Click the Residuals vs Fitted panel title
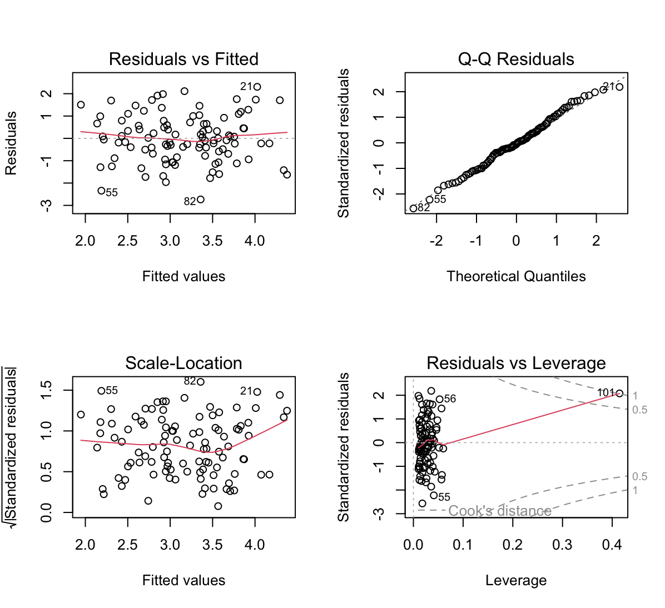[x=183, y=59]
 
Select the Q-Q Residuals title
[x=516, y=59]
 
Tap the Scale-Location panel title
[x=183, y=363]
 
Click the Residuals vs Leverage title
[x=516, y=363]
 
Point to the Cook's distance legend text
[x=499, y=511]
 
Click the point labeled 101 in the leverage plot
[x=619, y=393]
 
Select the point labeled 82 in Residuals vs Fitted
[x=201, y=200]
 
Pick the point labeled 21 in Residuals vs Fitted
[x=257, y=87]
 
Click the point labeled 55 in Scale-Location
[x=101, y=391]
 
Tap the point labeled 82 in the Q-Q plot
[x=413, y=208]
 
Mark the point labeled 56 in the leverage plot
[x=439, y=399]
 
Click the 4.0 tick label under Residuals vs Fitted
[x=255, y=241]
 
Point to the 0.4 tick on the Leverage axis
[x=612, y=545]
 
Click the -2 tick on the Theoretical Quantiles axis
[x=436, y=241]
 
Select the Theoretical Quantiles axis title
[x=516, y=276]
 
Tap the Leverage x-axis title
[x=516, y=580]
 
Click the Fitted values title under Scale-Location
[x=183, y=580]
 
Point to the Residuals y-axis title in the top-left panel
[x=11, y=143]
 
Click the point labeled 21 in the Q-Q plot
[x=619, y=87]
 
